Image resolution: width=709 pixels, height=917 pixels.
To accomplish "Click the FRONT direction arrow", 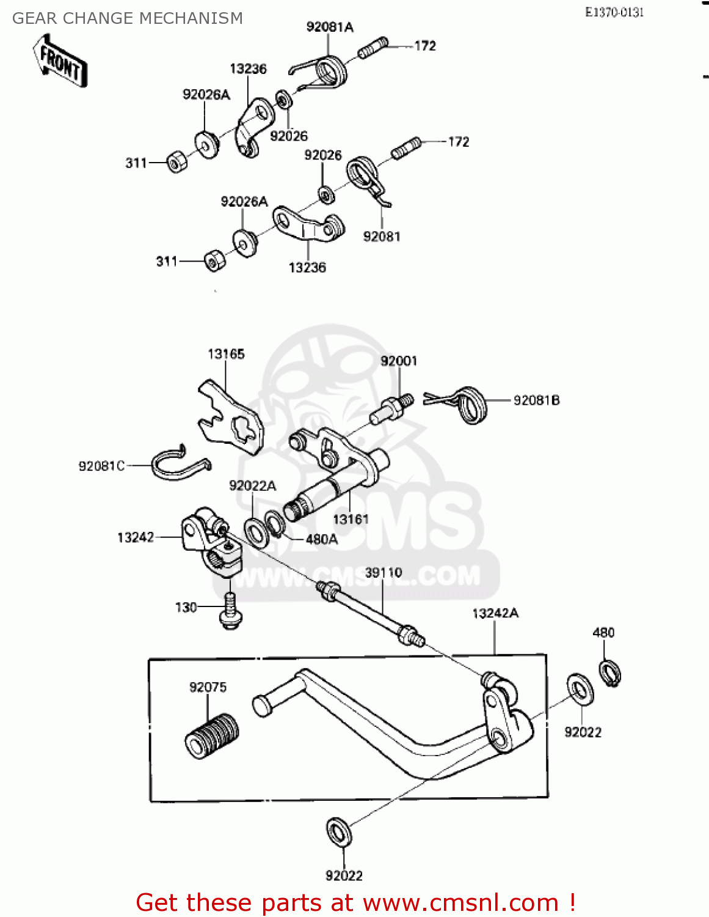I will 60,61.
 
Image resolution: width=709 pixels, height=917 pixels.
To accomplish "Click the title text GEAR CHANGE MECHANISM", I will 128,18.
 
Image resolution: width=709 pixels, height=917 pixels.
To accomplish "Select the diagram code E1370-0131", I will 614,12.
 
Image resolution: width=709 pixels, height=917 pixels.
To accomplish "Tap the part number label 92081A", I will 330,27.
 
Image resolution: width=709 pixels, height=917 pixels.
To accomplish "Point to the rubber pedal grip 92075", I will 211,735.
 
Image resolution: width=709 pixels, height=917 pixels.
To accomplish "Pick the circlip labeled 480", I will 610,672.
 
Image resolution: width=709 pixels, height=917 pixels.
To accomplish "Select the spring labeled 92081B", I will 470,404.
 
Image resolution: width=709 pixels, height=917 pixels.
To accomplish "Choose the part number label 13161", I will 351,519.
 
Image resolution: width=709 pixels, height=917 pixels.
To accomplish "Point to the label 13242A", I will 495,613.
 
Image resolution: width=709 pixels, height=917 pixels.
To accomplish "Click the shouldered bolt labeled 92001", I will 391,410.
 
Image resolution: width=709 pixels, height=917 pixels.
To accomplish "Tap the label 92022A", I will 252,485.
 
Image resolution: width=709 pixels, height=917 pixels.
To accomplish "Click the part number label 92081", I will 382,237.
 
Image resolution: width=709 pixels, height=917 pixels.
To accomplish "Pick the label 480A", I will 322,539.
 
